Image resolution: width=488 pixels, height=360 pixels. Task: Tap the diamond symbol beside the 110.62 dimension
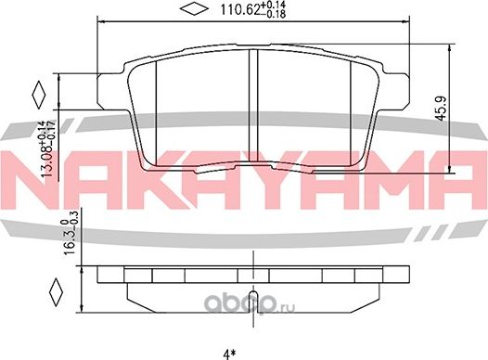coord(193,10)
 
